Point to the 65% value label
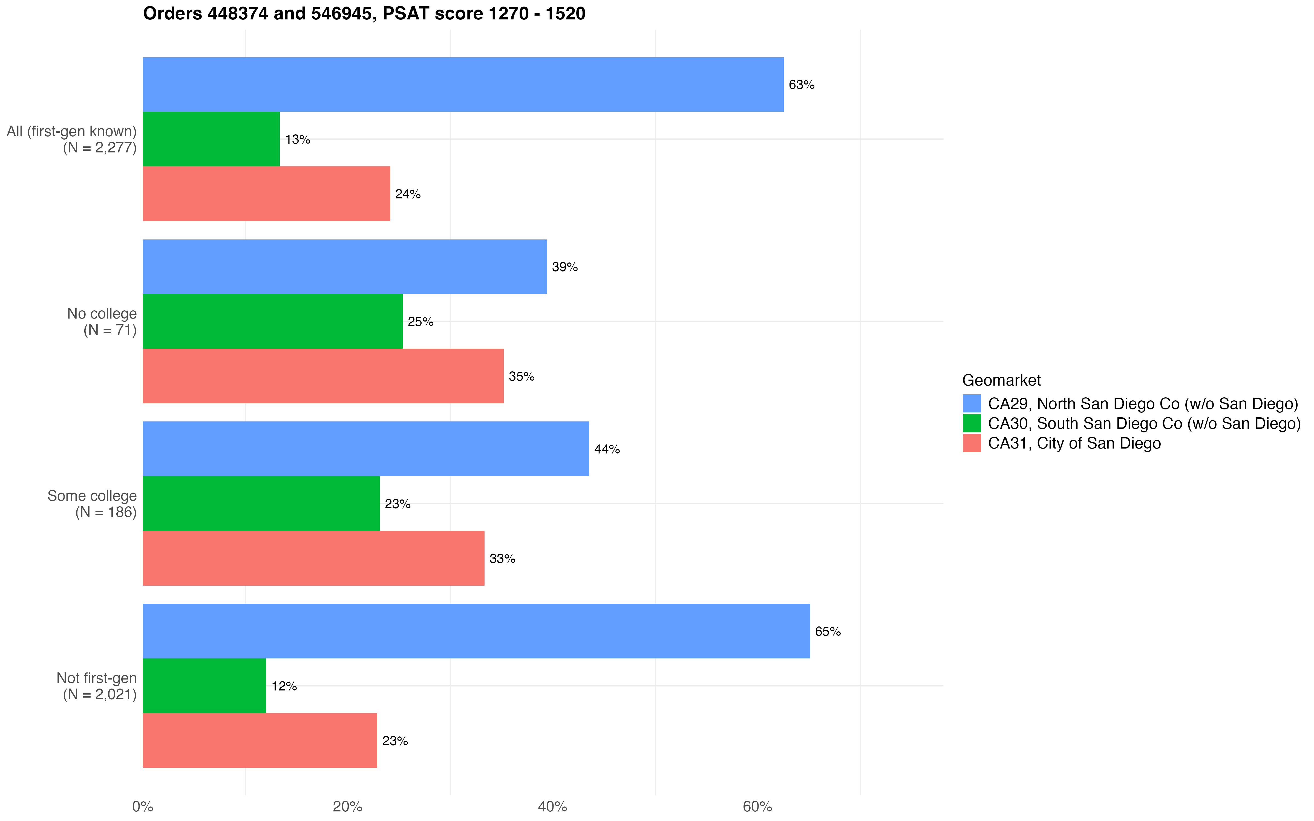828,632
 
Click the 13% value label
298,140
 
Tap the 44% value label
607,449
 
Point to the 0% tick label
143,806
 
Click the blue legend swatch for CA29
971,403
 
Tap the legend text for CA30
1144,424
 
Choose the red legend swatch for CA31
971,443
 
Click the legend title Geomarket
1001,380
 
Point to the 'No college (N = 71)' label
102,322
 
